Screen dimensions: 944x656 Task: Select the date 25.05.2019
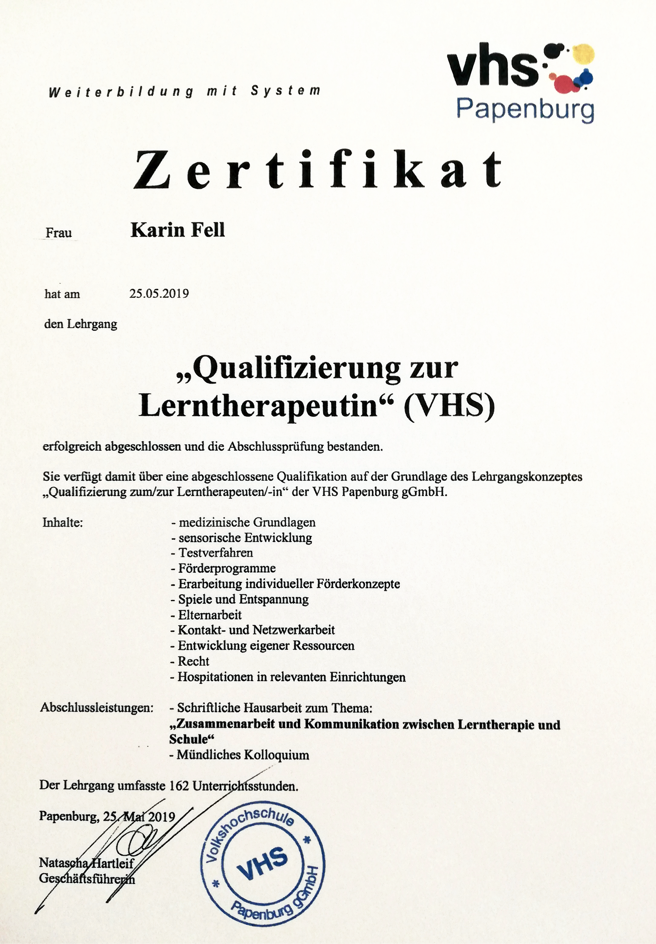(159, 293)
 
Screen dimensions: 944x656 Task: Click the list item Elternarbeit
(210, 615)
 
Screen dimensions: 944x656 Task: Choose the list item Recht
(193, 661)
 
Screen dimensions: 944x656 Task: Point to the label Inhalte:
(62, 523)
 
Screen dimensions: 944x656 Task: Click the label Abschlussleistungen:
(97, 708)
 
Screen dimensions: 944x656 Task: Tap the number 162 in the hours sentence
(179, 786)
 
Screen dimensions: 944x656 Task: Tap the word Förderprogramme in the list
(227, 568)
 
